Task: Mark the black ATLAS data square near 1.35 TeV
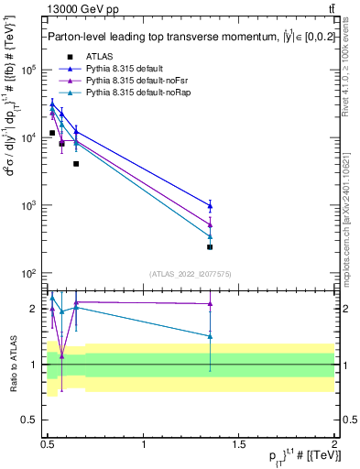(x=210, y=247)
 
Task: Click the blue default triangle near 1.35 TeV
(x=210, y=205)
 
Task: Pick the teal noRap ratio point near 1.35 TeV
(x=210, y=336)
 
